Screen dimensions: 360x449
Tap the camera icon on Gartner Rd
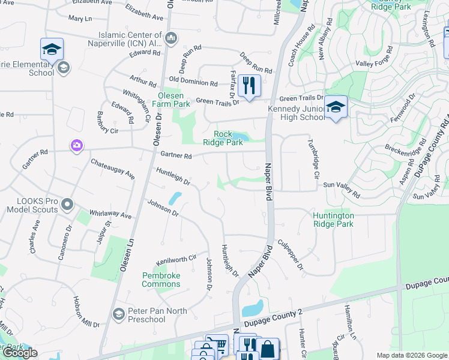[x=76, y=145]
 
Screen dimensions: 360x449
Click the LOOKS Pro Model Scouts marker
[x=67, y=205]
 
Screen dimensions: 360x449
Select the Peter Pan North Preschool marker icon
[x=118, y=314]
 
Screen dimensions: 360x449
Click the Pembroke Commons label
[x=161, y=280]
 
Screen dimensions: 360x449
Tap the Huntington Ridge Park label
[x=333, y=220]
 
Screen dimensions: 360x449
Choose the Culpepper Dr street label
[x=291, y=254]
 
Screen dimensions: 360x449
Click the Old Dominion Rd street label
[x=193, y=82]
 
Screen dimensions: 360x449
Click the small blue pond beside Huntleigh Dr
[x=175, y=197]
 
